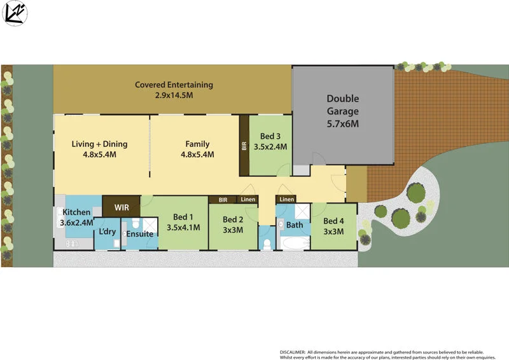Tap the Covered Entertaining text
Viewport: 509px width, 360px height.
(x=174, y=85)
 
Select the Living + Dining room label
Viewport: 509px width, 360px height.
(x=99, y=144)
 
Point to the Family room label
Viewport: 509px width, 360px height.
(x=197, y=144)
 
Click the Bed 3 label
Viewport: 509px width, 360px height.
(x=270, y=136)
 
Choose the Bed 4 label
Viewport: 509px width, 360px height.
(x=333, y=221)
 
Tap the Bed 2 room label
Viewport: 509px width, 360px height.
(x=233, y=220)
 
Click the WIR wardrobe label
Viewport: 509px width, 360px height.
(x=122, y=207)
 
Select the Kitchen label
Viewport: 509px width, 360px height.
(x=76, y=212)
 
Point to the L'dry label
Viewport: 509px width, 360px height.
(x=107, y=232)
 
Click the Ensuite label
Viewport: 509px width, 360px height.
(x=139, y=234)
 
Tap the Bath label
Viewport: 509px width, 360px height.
(x=295, y=225)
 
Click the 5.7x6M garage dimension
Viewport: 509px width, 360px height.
(x=343, y=124)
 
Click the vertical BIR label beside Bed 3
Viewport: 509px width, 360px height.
(x=244, y=146)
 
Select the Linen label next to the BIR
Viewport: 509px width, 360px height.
(x=248, y=200)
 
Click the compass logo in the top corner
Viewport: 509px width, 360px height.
(x=15, y=14)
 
